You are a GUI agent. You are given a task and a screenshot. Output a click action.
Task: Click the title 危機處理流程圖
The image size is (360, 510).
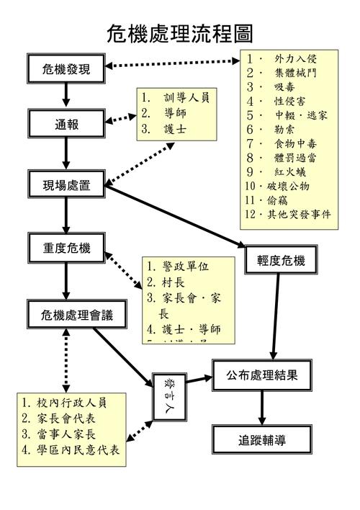point(180,32)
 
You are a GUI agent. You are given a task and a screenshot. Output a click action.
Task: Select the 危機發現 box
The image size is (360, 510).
point(66,69)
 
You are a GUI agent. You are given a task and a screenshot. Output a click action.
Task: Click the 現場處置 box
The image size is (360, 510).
point(67,185)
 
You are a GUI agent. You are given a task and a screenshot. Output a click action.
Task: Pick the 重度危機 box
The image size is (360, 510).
point(66,249)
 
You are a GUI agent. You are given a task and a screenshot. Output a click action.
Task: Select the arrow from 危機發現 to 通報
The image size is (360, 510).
point(66,95)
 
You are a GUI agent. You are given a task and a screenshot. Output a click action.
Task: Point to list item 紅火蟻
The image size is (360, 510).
point(292,171)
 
